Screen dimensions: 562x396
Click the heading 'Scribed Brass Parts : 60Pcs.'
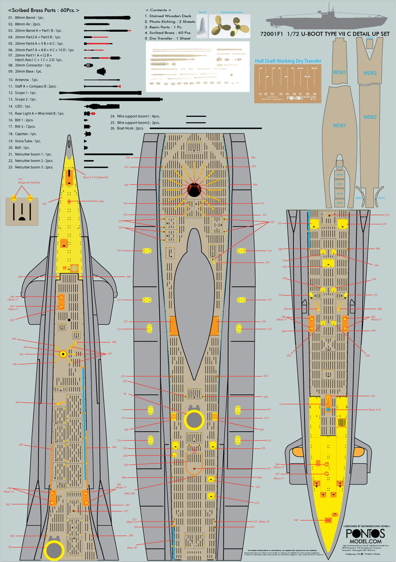coord(44,10)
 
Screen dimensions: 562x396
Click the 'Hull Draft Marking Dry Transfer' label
coord(288,61)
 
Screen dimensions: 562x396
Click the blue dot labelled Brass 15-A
coord(328,409)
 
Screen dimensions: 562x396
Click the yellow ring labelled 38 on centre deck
coord(193,419)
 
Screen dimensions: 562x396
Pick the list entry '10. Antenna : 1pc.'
coord(23,79)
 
